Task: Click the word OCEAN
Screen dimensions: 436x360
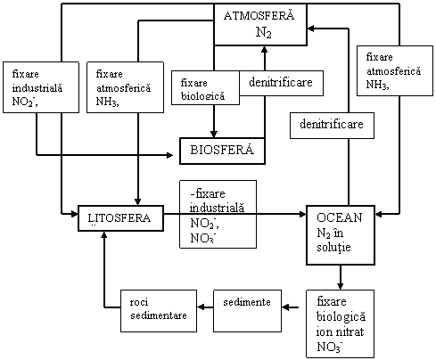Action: pyautogui.click(x=340, y=217)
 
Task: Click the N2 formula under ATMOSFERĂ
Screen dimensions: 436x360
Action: pyautogui.click(x=264, y=33)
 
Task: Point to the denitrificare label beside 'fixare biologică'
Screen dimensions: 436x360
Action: pyautogui.click(x=281, y=83)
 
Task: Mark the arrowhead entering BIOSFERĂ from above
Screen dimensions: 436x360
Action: pyautogui.click(x=213, y=134)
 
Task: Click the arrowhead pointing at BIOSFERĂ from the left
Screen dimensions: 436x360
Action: pyautogui.click(x=169, y=155)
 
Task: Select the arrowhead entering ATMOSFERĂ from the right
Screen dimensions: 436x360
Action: pyautogui.click(x=311, y=29)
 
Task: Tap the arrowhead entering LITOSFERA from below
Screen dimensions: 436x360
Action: pyautogui.click(x=103, y=235)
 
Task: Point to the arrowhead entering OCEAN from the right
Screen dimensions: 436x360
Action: pyautogui.click(x=379, y=214)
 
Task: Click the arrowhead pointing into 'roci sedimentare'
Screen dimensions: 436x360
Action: pyautogui.click(x=201, y=307)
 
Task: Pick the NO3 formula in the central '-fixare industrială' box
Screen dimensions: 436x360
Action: pyautogui.click(x=202, y=238)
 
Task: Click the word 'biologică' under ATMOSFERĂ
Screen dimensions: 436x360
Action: pyautogui.click(x=202, y=96)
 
